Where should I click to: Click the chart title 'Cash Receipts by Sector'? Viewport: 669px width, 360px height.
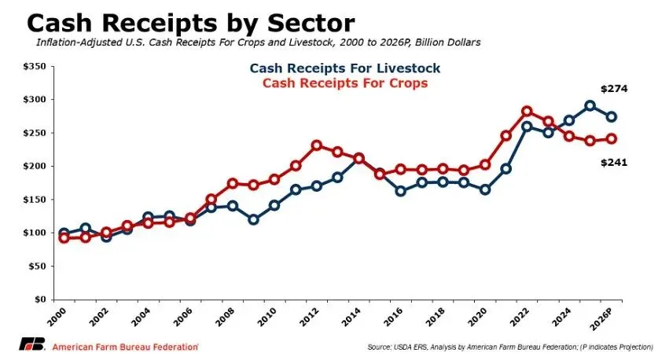180,20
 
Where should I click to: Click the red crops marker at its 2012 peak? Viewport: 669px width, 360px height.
317,145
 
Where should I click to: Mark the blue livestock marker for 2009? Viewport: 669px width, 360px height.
253,220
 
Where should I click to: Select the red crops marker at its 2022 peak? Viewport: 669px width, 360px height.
527,112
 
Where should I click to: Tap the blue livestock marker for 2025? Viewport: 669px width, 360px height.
590,105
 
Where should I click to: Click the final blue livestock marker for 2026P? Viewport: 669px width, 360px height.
611,117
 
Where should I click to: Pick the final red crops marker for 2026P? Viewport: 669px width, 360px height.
611,139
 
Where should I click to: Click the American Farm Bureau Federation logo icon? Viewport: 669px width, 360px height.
32,345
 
